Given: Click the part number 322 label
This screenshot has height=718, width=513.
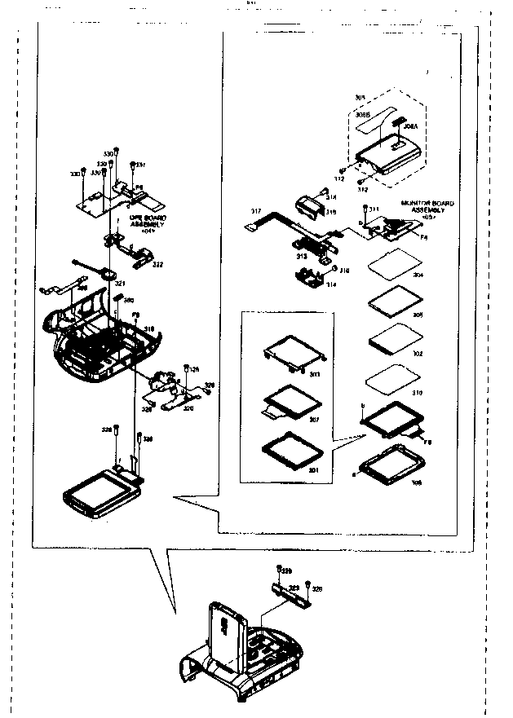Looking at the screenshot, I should pos(157,264).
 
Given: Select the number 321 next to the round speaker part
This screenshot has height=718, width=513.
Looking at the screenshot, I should pos(119,283).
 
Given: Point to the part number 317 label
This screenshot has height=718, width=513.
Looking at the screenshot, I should pos(255,211).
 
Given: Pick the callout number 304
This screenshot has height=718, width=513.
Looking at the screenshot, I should pos(418,276).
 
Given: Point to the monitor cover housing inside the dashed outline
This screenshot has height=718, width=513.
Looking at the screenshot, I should pos(387,152).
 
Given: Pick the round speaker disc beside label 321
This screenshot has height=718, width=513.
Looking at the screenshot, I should pos(108,275).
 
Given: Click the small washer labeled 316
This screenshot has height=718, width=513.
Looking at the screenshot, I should pos(335,268).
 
